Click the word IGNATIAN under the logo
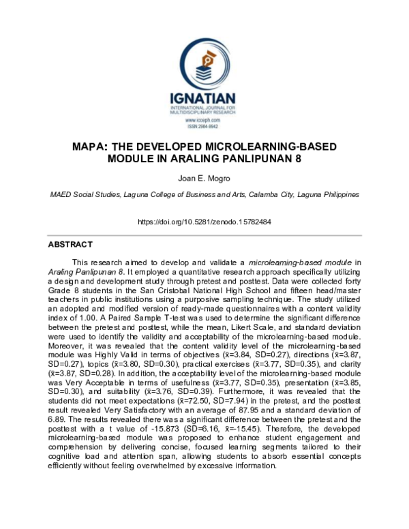(x=204, y=98)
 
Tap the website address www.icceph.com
(x=204, y=120)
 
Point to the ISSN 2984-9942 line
(x=204, y=126)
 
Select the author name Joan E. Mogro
(x=204, y=179)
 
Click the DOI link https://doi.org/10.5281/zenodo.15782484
(x=204, y=222)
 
